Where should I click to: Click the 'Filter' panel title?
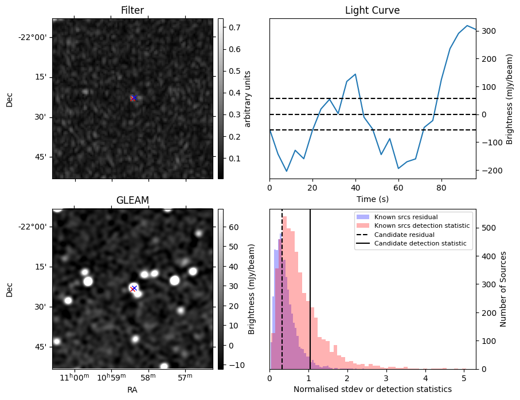pos(132,11)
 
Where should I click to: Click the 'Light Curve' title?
pos(372,11)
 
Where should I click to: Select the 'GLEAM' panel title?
pos(132,200)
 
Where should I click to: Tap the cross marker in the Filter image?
pos(134,98)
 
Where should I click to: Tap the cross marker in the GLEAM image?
pos(134,288)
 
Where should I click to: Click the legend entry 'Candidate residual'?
pos(404,235)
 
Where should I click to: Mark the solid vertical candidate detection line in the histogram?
pos(310,298)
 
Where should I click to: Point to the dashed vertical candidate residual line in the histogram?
pos(282,298)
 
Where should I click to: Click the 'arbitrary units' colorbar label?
pos(248,98)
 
